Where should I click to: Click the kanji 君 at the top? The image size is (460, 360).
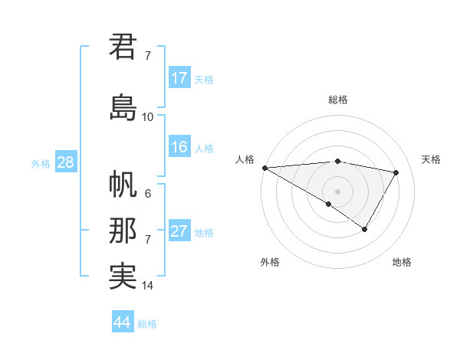coord(123,46)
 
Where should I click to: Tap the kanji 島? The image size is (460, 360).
coord(123,106)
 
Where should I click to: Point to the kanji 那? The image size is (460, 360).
coord(123,231)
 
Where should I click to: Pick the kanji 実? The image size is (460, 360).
coord(123,276)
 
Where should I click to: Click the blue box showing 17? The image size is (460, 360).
coord(179,78)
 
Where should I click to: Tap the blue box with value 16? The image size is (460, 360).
coord(179,147)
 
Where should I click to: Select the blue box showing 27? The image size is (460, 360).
coord(179,231)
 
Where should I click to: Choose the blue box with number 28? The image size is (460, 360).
coord(65,163)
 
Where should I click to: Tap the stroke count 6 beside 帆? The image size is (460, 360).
coord(147,194)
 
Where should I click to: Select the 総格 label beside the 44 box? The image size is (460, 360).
coord(147,324)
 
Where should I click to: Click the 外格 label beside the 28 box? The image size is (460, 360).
coord(41,164)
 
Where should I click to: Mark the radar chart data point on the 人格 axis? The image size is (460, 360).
coord(264,168)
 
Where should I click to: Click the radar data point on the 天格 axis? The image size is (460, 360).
coord(396,172)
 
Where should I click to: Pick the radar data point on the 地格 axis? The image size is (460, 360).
coord(365,229)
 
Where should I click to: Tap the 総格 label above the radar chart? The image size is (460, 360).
coord(337,100)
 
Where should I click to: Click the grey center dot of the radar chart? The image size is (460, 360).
coord(337,191)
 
